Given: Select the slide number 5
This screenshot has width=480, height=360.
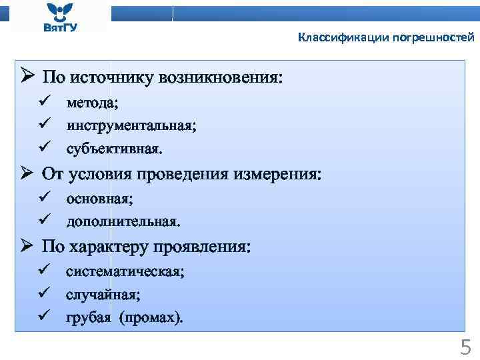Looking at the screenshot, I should [465, 347].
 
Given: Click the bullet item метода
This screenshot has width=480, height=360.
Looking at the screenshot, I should [91, 103].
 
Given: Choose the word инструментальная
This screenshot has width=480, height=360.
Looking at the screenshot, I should [131, 125].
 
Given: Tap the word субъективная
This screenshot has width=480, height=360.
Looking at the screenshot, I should [113, 147].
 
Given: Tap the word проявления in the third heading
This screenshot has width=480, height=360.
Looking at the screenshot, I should [202, 247].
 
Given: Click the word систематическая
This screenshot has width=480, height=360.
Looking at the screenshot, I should [125, 271].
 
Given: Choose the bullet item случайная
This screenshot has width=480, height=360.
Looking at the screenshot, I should [103, 294].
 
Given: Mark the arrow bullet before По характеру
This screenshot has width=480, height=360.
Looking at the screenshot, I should [27, 246].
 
